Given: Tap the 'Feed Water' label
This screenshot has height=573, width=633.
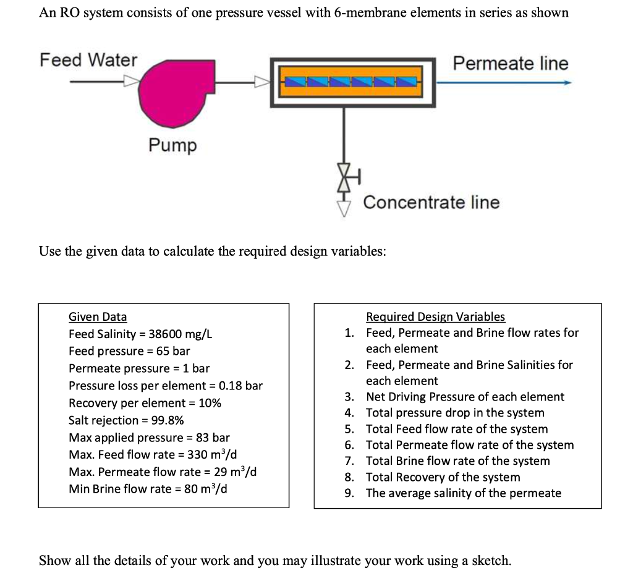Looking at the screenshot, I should [88, 60].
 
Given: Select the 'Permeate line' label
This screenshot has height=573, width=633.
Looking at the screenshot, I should [510, 63].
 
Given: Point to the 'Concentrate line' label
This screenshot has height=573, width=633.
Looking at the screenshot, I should [431, 202].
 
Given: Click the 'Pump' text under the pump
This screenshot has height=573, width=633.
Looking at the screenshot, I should [172, 145].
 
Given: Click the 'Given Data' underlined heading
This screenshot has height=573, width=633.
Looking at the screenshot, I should [97, 317].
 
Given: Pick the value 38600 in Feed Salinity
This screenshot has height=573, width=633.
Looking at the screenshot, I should [166, 334].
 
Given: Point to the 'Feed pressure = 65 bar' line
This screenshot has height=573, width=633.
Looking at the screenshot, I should [129, 351].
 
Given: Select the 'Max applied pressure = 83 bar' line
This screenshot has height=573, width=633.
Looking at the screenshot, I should [149, 438].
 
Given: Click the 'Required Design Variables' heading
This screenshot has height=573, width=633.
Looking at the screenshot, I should [435, 317].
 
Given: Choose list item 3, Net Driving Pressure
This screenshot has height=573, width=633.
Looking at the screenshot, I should [464, 397].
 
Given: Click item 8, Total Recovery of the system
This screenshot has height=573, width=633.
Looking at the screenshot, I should [443, 477].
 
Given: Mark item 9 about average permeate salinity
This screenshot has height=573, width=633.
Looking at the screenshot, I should [463, 493].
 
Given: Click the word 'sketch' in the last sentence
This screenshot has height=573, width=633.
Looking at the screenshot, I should [490, 561].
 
